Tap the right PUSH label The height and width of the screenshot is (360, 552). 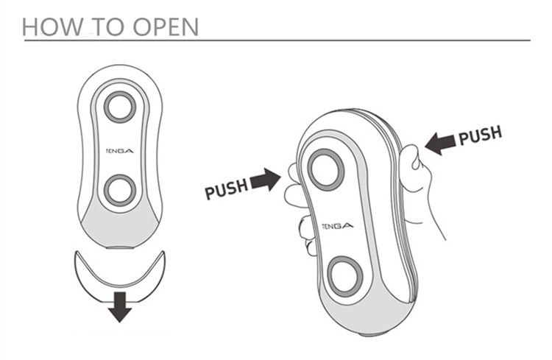[x=480, y=136]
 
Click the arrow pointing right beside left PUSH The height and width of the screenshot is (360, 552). [x=266, y=180]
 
